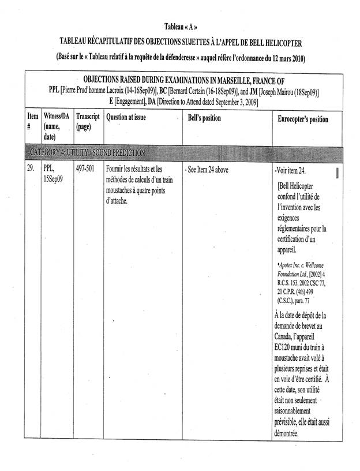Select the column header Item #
32,123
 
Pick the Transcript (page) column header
88,123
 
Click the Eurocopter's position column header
302,119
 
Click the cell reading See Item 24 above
207,170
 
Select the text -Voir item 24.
290,171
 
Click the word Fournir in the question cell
117,170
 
